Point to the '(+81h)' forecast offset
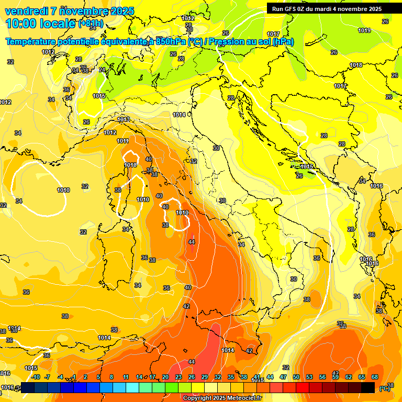[91, 24]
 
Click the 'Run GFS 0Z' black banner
[326, 9]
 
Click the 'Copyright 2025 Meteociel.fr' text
[221, 398]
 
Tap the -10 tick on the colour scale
[36, 377]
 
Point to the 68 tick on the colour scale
[375, 377]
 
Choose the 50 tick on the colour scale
[296, 377]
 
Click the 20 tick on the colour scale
[165, 377]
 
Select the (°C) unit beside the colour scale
[384, 388]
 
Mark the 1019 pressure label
[364, 30]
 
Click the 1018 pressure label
[356, 65]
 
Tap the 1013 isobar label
[123, 119]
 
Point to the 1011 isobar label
[123, 141]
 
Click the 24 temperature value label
[102, 70]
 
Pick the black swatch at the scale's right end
[368, 387]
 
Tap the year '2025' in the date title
[122, 11]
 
